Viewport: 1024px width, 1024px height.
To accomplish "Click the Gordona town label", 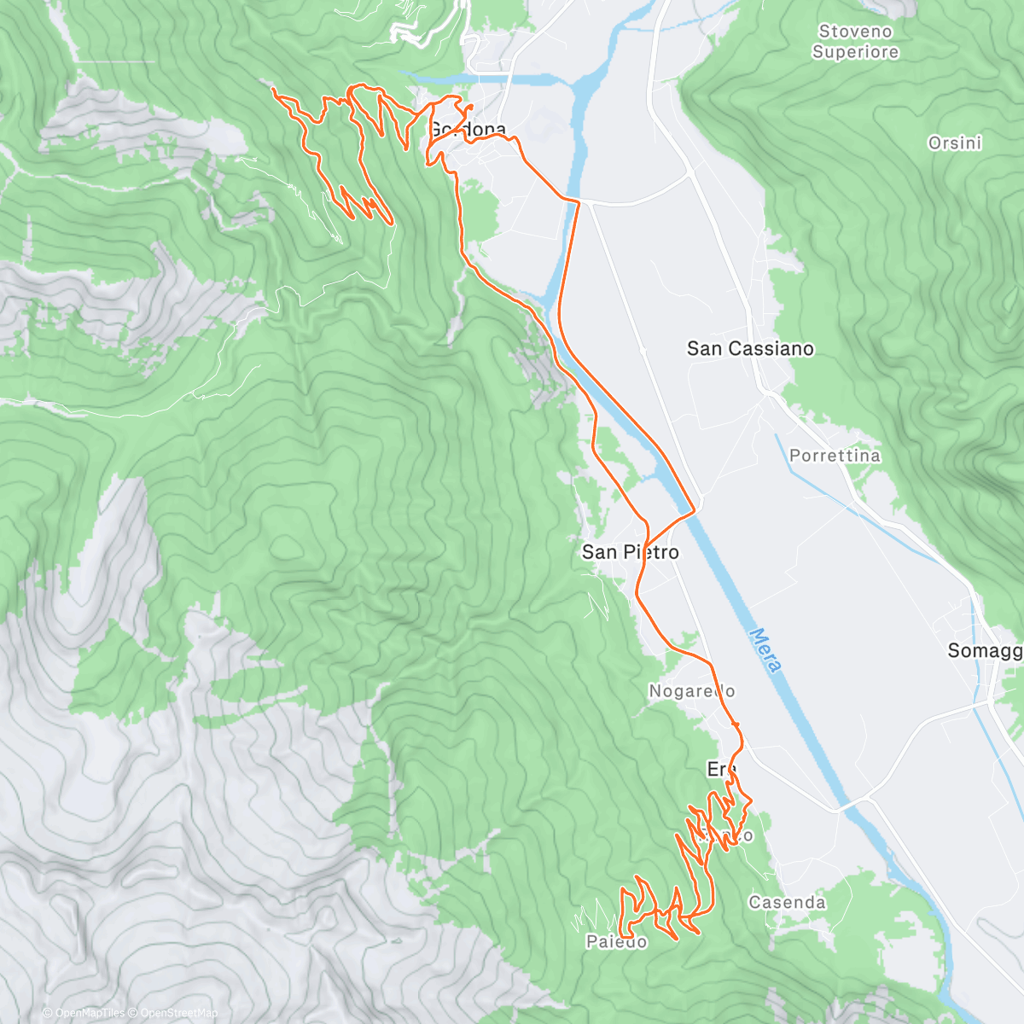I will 466,130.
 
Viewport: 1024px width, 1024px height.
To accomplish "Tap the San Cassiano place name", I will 750,348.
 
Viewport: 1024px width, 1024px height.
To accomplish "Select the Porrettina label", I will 834,456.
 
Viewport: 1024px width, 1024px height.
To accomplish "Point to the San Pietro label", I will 630,552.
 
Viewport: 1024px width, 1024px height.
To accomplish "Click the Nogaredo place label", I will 691,691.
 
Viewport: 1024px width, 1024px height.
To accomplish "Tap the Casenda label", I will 787,902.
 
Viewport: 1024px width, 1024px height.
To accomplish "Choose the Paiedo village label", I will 616,942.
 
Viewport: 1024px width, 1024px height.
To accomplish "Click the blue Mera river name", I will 765,649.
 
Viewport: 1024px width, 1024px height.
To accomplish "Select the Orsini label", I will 954,143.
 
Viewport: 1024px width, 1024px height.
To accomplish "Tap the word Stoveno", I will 855,32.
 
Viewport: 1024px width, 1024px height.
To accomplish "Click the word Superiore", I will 855,52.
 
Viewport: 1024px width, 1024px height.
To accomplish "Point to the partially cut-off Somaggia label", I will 985,651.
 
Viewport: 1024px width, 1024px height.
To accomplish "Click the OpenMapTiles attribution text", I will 83,1013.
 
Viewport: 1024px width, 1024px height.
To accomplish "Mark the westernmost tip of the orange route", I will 272,89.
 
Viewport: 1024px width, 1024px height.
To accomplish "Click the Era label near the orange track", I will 721,769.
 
